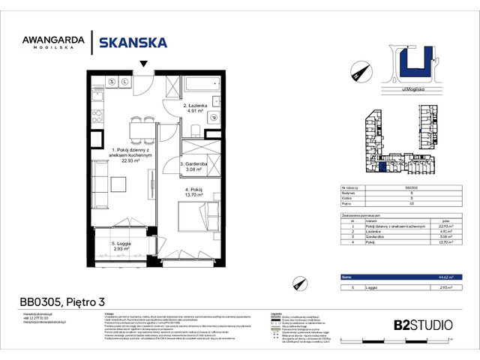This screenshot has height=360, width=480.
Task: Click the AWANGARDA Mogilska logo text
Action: click(x=51, y=43)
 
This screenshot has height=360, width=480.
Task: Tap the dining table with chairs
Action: click(x=137, y=130)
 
